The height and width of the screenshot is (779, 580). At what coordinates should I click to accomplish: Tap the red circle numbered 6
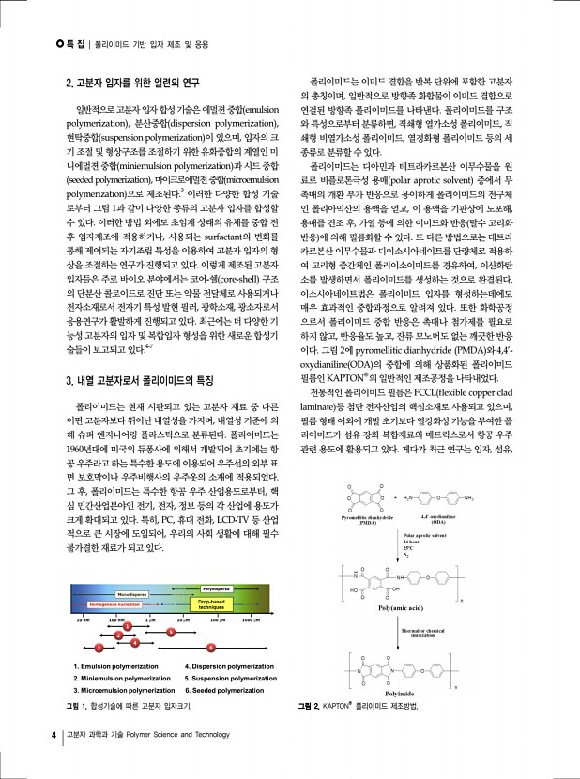(x=212, y=648)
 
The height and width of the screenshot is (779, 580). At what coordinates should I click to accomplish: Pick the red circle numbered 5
(x=170, y=633)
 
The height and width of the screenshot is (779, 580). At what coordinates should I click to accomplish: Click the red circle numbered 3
(x=98, y=648)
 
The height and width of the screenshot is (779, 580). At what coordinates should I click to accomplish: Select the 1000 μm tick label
(x=250, y=620)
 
